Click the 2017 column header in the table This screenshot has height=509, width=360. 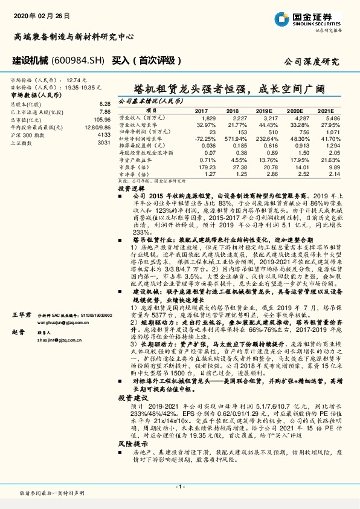201,111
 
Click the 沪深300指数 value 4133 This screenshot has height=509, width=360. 104,135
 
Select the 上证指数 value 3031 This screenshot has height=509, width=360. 104,143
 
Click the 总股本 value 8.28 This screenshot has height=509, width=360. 105,104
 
